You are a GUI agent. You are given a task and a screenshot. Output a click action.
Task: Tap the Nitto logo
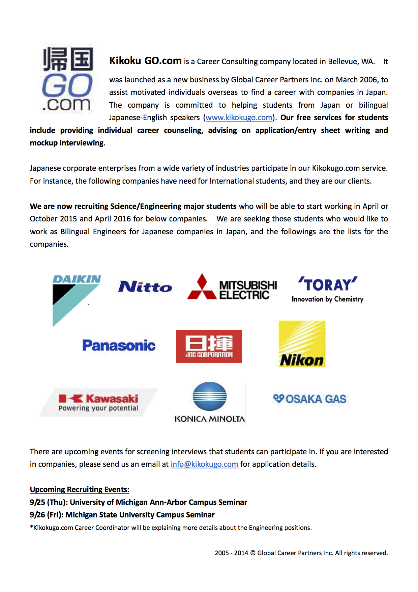tap(145, 287)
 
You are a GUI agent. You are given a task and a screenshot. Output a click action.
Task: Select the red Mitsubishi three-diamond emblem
tap(202, 287)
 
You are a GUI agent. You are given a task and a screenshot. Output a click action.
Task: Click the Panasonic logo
tap(119, 345)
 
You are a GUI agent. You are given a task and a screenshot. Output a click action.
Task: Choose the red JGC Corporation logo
tap(209, 346)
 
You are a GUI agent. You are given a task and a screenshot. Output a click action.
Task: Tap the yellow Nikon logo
tap(302, 344)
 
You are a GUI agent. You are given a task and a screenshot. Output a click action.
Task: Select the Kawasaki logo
tap(98, 402)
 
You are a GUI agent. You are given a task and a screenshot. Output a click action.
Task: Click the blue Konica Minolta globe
tap(209, 396)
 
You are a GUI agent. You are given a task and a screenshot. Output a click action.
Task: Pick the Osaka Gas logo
tap(309, 399)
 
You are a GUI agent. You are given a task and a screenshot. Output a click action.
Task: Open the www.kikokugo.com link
tap(239, 118)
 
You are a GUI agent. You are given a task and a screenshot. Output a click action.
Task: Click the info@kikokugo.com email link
tap(204, 464)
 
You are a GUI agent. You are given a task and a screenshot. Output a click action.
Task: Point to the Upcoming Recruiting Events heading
tap(80, 489)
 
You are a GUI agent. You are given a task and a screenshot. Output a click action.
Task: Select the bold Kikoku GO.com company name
tap(145, 61)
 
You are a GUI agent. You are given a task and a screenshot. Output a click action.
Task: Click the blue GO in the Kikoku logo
tap(67, 85)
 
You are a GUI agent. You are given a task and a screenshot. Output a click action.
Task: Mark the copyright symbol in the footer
tap(252, 553)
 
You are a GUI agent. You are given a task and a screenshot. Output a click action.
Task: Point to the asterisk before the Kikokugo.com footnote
tap(31, 527)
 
